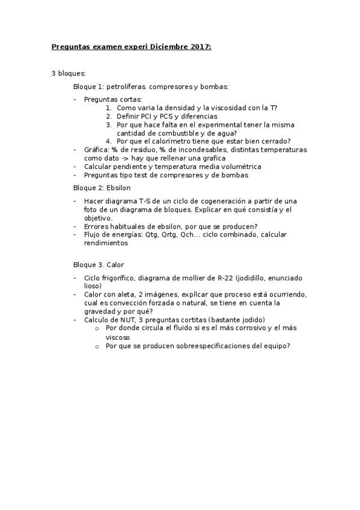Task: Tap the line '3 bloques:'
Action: click(69, 73)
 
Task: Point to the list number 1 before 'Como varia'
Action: click(109, 108)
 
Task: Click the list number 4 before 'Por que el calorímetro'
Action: click(109, 141)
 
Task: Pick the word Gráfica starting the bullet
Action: click(96, 150)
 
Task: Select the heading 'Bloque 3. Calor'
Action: click(99, 265)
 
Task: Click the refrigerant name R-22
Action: click(226, 278)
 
